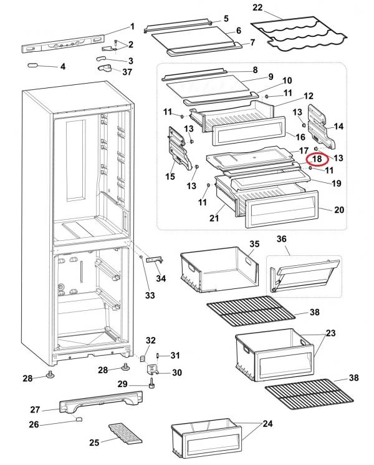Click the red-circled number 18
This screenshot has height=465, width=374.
click(317, 159)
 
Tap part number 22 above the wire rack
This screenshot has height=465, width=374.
click(257, 8)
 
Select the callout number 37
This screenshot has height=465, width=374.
click(127, 72)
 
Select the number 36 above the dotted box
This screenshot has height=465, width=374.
click(282, 239)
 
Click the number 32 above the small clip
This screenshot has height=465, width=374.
click(150, 340)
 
